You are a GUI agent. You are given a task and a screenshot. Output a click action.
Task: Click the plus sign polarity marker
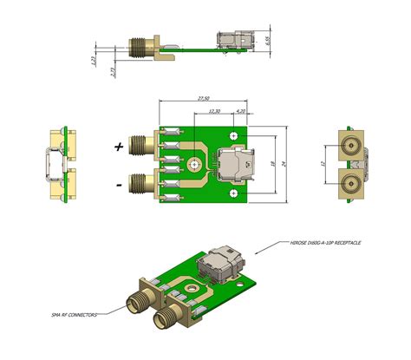(119, 147)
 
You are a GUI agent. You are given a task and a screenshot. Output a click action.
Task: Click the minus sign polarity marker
(119, 183)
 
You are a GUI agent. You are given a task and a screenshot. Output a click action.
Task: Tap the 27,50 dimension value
(203, 99)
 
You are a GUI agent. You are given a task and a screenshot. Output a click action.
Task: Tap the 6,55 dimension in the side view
(270, 40)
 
